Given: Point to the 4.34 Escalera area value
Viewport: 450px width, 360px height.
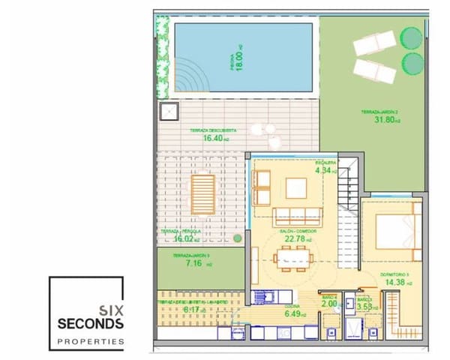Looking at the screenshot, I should (323, 170).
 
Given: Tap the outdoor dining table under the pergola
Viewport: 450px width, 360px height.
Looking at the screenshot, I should (202, 193).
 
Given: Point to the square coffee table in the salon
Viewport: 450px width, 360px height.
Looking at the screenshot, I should (296, 187).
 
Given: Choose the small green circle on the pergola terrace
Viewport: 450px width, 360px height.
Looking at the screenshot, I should (238, 239).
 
